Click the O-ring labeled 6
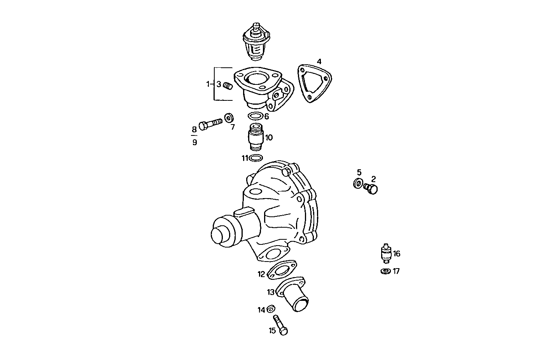click(x=255, y=116)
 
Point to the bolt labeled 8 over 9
click(x=210, y=124)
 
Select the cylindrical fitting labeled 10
click(x=256, y=137)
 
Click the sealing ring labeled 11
click(x=256, y=158)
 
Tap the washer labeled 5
click(x=358, y=183)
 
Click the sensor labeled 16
click(x=386, y=253)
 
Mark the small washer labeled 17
click(x=386, y=271)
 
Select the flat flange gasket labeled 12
click(x=282, y=270)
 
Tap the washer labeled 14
click(x=271, y=309)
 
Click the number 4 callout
click(x=319, y=61)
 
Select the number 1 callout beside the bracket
click(x=208, y=84)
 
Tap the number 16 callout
click(x=397, y=254)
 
